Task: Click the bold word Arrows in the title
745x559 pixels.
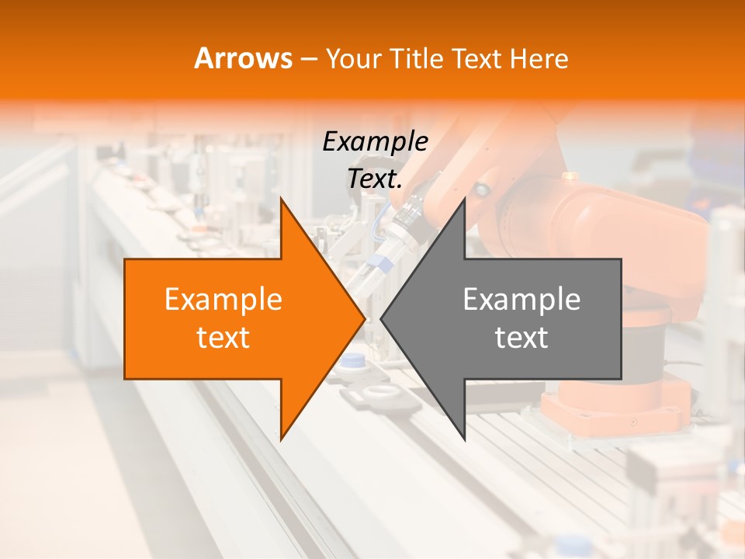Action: (243, 58)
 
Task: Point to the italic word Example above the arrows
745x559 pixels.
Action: (375, 141)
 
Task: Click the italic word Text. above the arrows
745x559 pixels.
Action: (375, 179)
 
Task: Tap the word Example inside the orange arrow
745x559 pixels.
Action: (223, 299)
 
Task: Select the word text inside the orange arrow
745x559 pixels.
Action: (223, 338)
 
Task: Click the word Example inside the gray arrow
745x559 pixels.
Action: (521, 299)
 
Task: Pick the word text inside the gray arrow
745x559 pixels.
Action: (521, 338)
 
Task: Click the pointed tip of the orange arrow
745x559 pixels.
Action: (364, 318)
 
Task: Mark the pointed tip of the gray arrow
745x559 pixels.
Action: (382, 318)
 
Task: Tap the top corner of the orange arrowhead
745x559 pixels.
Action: (281, 199)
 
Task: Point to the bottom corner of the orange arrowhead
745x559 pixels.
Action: (281, 439)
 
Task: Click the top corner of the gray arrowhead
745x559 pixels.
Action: (464, 199)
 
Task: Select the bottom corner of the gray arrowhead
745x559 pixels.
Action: (464, 439)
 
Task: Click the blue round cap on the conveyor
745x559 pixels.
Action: (354, 360)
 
